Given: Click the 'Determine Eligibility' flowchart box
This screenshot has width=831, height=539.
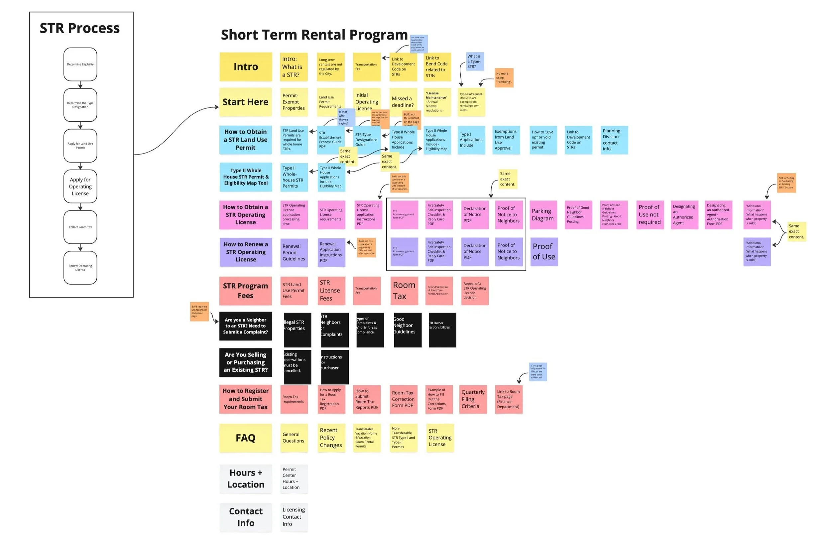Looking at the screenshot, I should [x=80, y=64].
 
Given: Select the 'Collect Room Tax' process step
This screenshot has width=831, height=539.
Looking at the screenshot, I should [x=80, y=227].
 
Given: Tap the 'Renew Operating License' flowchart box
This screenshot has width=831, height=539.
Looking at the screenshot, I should [x=80, y=268].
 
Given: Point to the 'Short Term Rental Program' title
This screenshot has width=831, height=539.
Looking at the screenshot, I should [x=314, y=35].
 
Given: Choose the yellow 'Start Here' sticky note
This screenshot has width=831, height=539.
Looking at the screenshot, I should [x=245, y=102].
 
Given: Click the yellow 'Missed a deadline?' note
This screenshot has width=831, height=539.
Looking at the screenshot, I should [x=403, y=102].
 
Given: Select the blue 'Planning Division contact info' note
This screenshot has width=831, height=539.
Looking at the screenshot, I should [x=614, y=140].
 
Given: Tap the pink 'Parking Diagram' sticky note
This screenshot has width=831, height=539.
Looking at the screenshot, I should [x=543, y=214].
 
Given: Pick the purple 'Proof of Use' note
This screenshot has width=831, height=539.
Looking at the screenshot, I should [x=544, y=251].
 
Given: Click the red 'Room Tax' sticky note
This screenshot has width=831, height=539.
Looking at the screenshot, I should [x=404, y=291].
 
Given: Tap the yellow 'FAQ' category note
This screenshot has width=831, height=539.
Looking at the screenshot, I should [x=245, y=438].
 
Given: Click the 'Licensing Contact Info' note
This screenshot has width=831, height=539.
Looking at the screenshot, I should [x=294, y=517].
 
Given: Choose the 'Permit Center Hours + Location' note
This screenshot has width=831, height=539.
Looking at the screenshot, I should [x=294, y=478].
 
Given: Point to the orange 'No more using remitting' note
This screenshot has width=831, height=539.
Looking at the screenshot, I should [x=504, y=77].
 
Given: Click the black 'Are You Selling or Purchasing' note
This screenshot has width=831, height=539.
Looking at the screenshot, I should [x=245, y=362].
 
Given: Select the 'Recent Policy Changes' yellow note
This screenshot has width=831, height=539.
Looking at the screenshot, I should [x=331, y=438].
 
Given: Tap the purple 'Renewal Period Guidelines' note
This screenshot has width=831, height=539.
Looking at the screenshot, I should [x=294, y=253].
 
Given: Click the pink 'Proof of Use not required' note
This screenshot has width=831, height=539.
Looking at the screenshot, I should [x=650, y=214].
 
